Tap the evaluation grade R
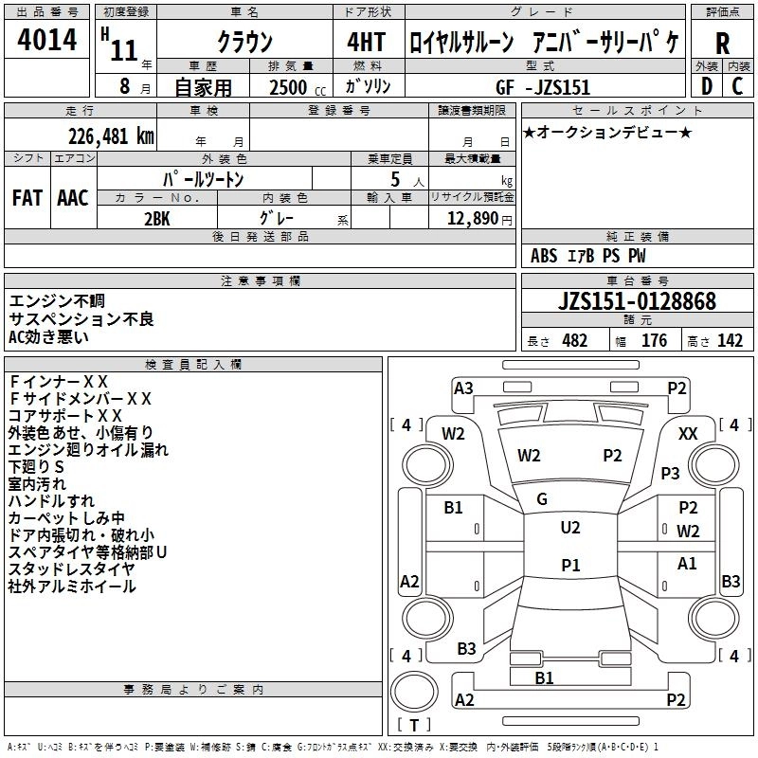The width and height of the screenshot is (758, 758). tap(723, 43)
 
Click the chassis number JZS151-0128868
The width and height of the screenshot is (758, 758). tap(637, 302)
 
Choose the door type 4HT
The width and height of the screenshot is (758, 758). tap(367, 42)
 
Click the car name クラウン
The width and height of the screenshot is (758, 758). tap(244, 43)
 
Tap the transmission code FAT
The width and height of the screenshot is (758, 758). tap(27, 198)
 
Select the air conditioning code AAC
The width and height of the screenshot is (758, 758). tap(72, 198)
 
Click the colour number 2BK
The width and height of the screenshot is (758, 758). tap(156, 217)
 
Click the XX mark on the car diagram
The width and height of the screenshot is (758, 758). tap(689, 433)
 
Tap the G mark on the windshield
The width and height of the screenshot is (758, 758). tap(542, 498)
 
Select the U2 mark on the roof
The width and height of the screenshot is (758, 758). tap(569, 528)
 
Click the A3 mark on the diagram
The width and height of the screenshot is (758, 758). tap(463, 388)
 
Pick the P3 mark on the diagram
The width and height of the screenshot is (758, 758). tap(671, 473)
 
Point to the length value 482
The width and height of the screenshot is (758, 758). tap(573, 341)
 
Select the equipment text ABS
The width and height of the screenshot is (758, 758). tap(544, 256)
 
